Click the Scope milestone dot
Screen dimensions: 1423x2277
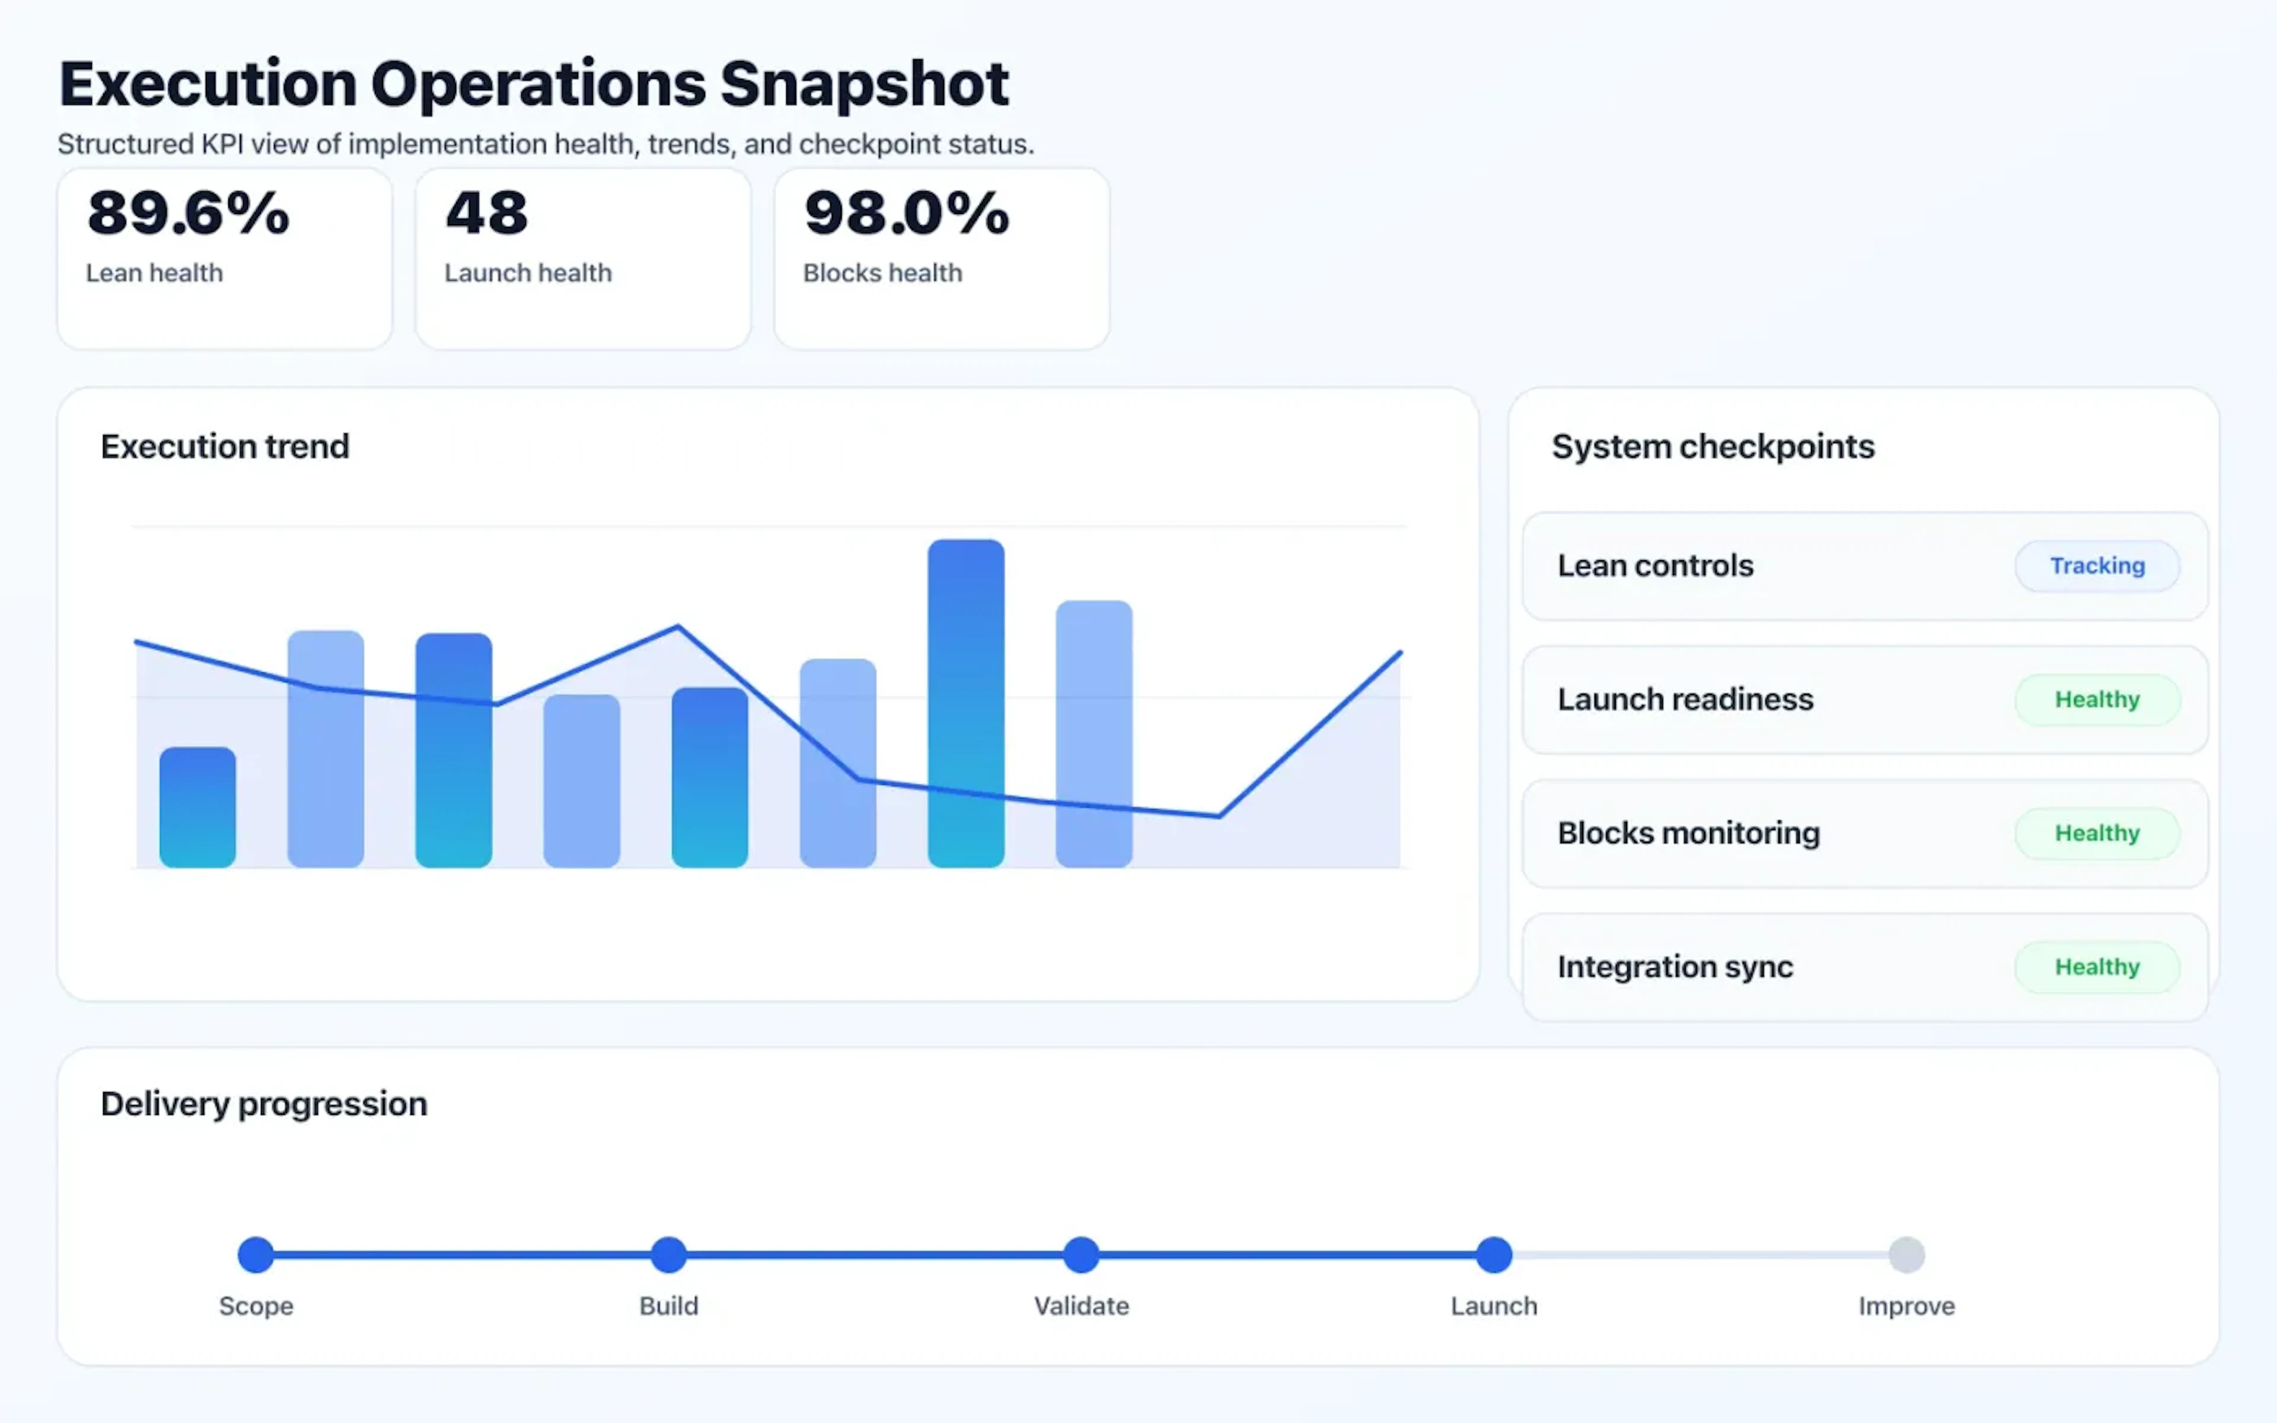(x=256, y=1255)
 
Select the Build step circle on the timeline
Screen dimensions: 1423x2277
(x=668, y=1255)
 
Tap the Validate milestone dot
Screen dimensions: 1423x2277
(x=1081, y=1255)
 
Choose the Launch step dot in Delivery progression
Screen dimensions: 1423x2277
(x=1493, y=1255)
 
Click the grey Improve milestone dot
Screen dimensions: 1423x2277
(x=1906, y=1255)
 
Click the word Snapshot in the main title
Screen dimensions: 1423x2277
(x=864, y=85)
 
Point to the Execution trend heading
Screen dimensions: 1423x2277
(x=225, y=446)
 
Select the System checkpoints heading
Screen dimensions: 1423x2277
(x=1712, y=446)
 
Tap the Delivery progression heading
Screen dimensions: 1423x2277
(x=263, y=1103)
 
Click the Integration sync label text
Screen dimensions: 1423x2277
(x=1675, y=966)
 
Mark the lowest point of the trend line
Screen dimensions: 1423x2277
(x=1219, y=816)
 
